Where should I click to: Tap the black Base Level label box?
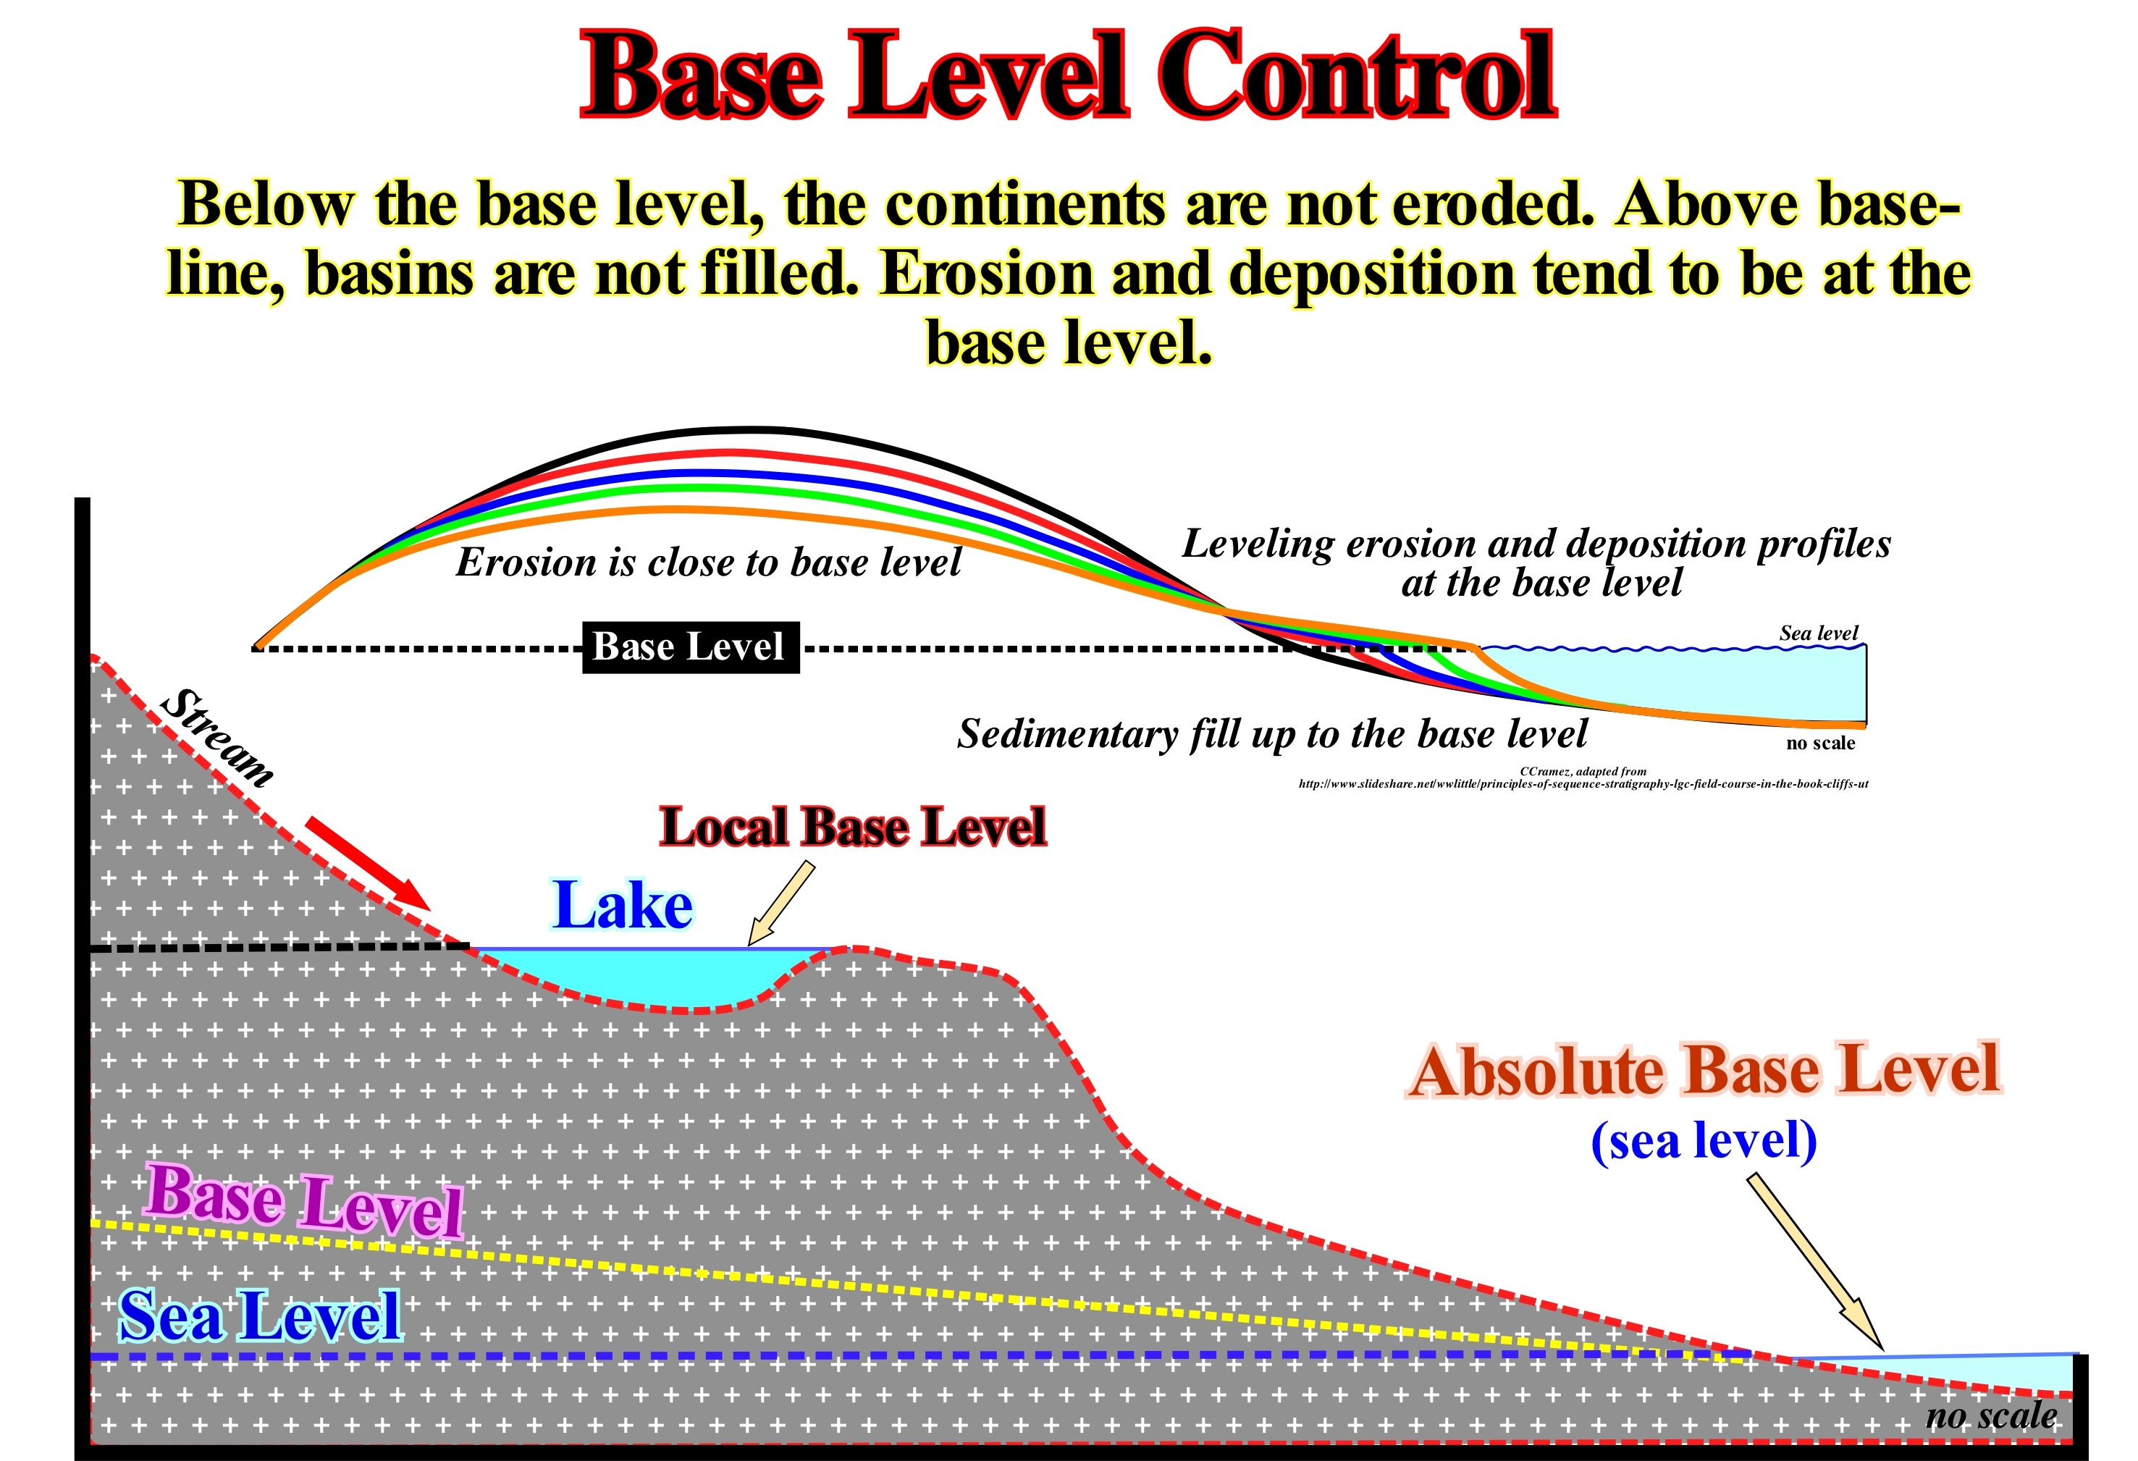click(x=691, y=648)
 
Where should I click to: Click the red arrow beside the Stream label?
click(x=367, y=862)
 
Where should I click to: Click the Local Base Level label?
click(x=853, y=826)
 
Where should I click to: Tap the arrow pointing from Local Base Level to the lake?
click(x=782, y=903)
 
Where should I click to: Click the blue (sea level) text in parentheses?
click(x=1704, y=1142)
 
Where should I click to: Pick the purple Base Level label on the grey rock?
click(x=303, y=1200)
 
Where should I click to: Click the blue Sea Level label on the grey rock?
click(x=261, y=1315)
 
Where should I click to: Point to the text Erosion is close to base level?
click(x=708, y=562)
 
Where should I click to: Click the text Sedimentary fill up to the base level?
click(x=1272, y=734)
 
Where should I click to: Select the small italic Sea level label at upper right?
click(x=1818, y=633)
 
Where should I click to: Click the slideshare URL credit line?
click(x=1583, y=784)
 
